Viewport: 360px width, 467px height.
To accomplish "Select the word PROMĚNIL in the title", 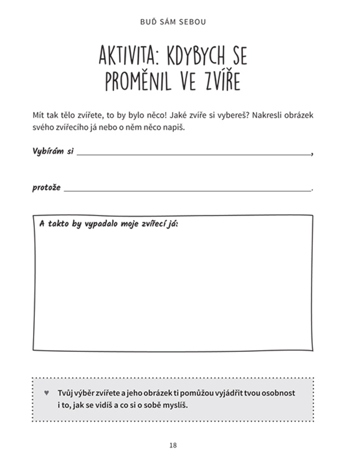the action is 138,82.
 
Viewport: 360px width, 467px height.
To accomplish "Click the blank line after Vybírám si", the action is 193,153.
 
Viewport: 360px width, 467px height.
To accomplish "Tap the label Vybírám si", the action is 52,151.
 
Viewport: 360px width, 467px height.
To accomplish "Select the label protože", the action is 47,188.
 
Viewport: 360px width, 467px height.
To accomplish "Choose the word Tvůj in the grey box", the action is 65,394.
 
